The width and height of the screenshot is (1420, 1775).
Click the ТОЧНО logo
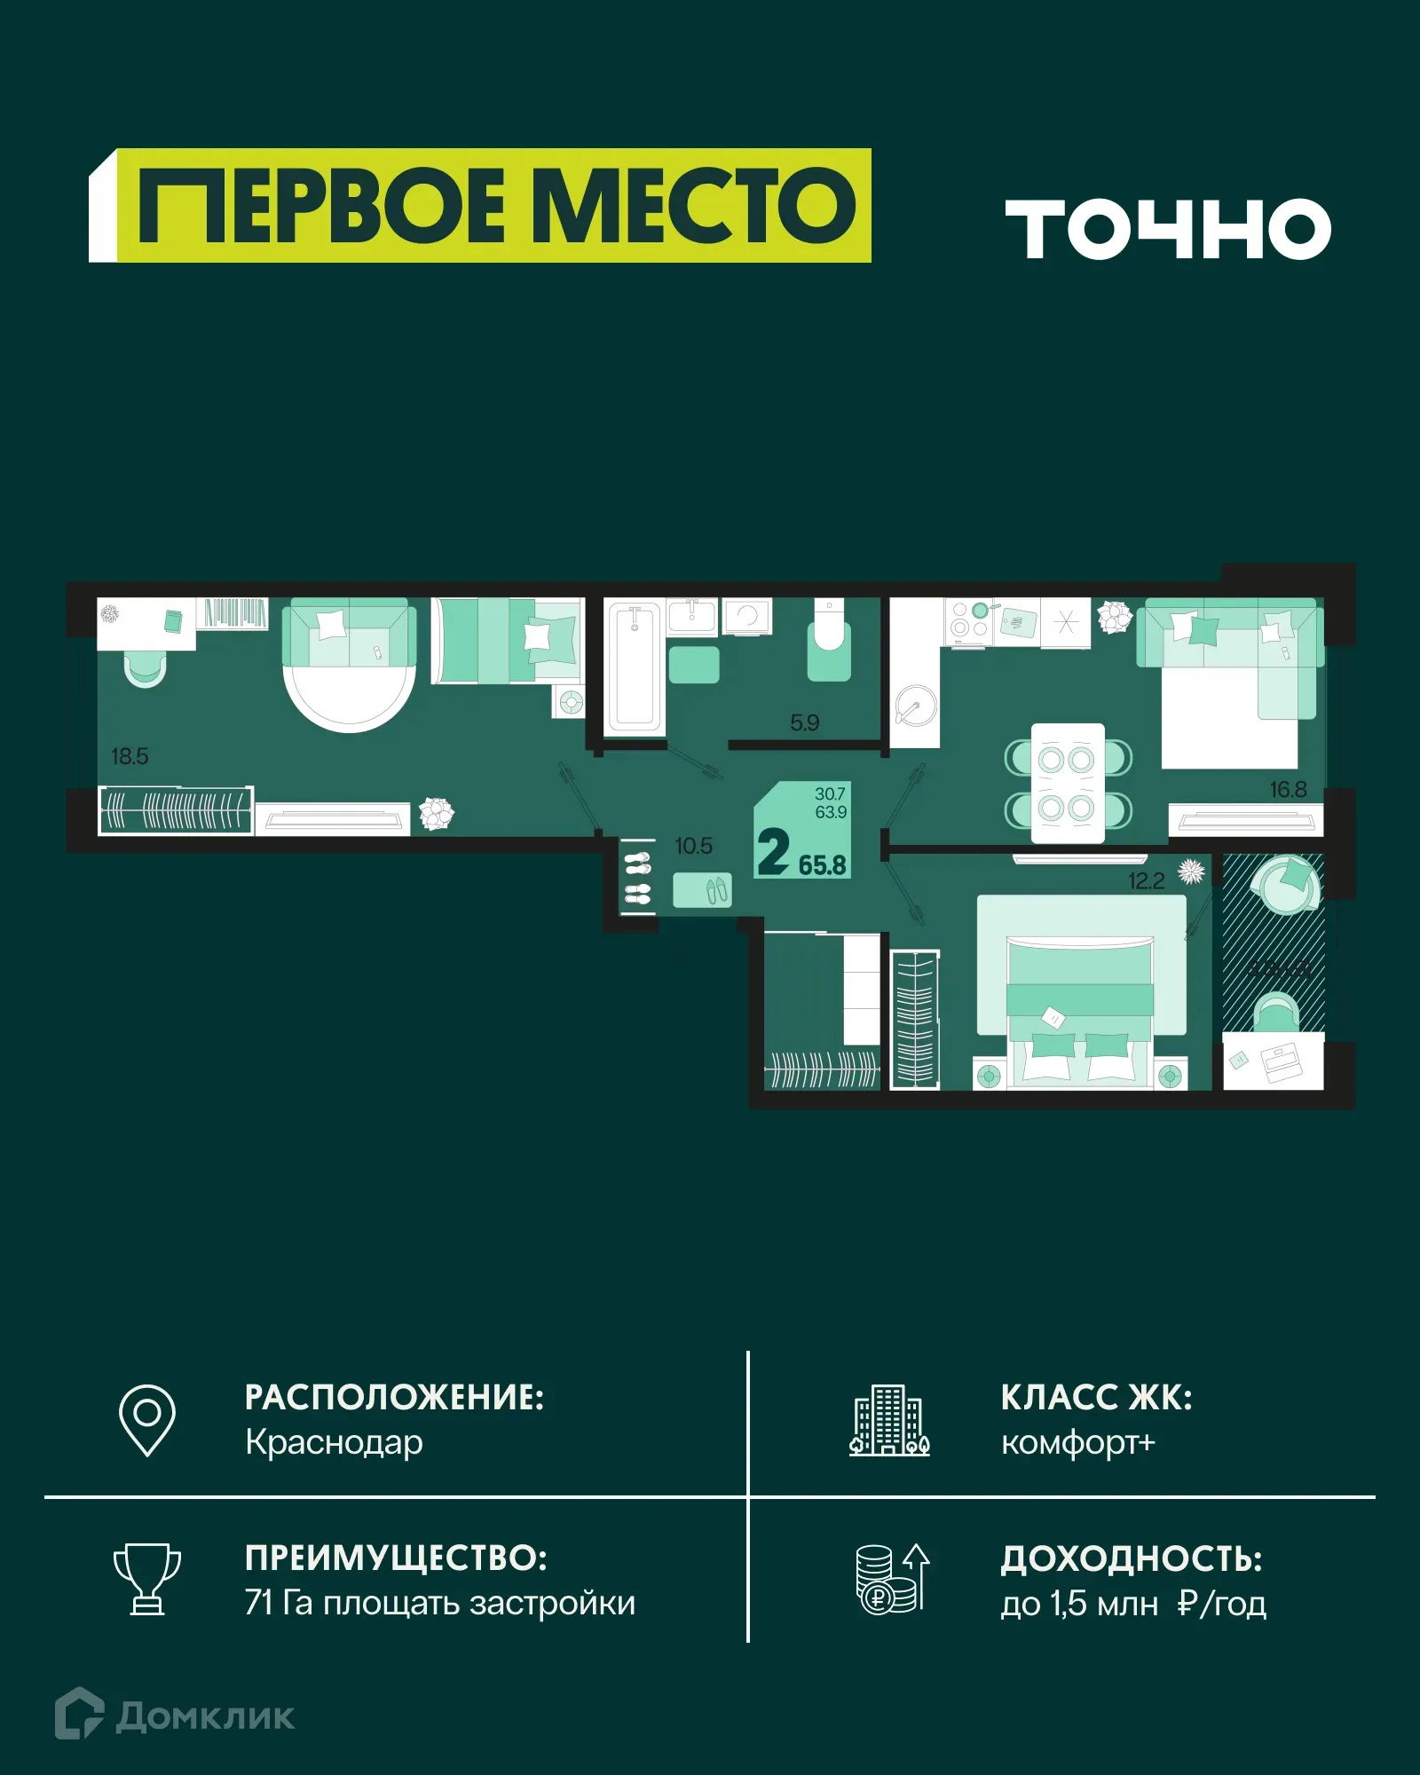(1167, 228)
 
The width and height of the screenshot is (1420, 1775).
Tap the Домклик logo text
(204, 1716)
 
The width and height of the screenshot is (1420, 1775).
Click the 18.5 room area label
(130, 756)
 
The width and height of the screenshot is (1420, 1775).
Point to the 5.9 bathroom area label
(804, 722)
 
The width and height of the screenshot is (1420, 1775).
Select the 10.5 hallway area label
(693, 846)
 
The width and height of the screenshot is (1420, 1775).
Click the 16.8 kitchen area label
(1288, 789)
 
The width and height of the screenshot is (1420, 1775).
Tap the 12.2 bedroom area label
(1146, 881)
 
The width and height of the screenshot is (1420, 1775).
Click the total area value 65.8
(822, 865)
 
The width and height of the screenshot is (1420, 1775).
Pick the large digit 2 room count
(773, 852)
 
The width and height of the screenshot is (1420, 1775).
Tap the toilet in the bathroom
(829, 643)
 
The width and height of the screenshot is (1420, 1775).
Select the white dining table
(1068, 783)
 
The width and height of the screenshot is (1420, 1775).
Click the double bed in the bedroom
(1080, 1003)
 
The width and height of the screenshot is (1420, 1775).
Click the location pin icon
(147, 1420)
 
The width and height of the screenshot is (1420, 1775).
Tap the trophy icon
(147, 1579)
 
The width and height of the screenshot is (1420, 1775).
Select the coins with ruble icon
(892, 1579)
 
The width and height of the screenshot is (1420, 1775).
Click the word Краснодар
(334, 1443)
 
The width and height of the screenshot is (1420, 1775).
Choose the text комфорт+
(1077, 1443)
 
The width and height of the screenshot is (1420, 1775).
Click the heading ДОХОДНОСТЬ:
(1132, 1559)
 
